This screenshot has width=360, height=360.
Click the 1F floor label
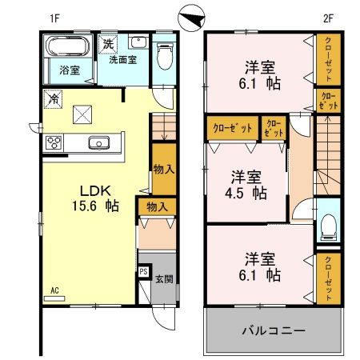tap(54, 18)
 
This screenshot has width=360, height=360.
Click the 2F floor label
tap(328, 18)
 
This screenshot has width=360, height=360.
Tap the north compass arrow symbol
tap(193, 16)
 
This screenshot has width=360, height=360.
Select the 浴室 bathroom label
tap(69, 70)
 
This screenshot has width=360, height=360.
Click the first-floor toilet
tap(165, 57)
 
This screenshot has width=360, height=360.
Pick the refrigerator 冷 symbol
tap(50, 100)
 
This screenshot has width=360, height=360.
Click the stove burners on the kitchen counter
tap(54, 143)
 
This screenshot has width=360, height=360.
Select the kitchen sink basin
tap(98, 143)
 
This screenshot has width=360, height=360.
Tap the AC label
tap(55, 290)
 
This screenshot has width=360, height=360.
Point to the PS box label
tap(143, 272)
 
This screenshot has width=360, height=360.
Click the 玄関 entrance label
tap(163, 279)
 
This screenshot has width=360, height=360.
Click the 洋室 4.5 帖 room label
tap(246, 184)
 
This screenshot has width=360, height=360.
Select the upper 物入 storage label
tap(163, 169)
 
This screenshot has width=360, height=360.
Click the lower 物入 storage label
tap(157, 207)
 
